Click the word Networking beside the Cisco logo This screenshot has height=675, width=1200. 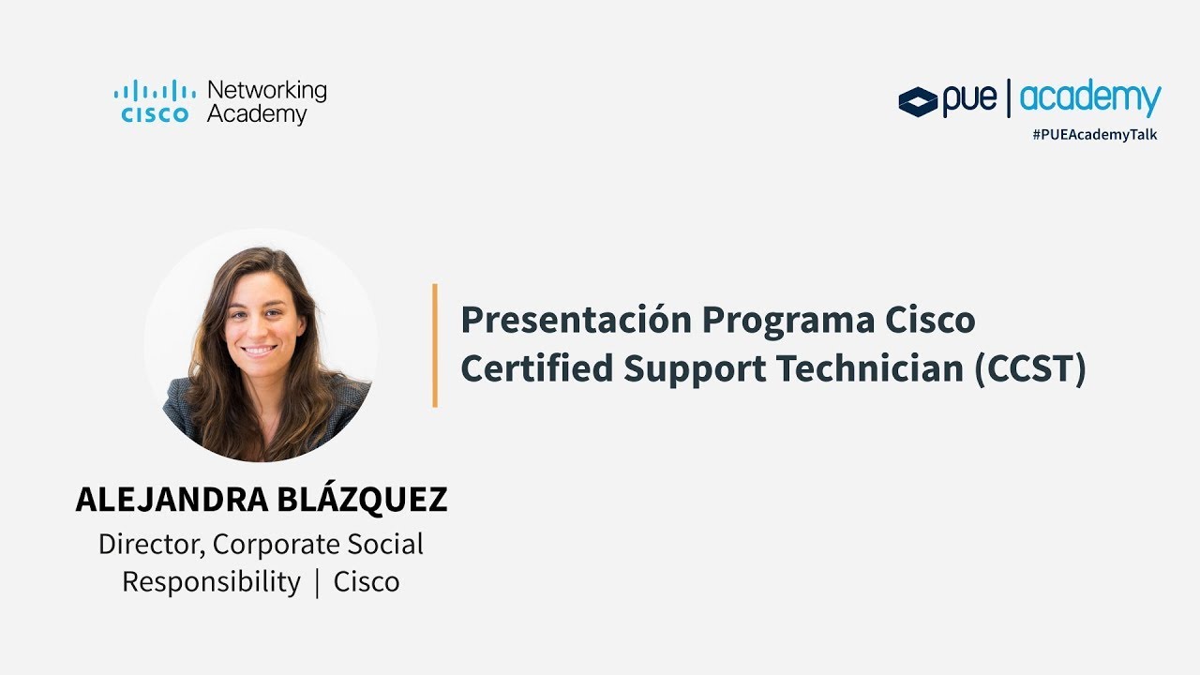point(266,91)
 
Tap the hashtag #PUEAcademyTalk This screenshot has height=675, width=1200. point(1094,134)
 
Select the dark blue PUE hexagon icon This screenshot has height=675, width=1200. point(918,101)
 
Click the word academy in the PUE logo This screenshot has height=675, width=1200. point(1090,98)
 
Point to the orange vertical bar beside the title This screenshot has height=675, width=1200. point(435,345)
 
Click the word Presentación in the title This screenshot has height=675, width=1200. point(576,321)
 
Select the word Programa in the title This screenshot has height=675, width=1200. point(789,321)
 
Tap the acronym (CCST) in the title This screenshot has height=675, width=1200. point(1030,369)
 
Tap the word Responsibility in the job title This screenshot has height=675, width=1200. point(211,582)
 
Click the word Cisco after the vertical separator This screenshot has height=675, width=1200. point(367,582)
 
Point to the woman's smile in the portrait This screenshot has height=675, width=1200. point(260,350)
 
